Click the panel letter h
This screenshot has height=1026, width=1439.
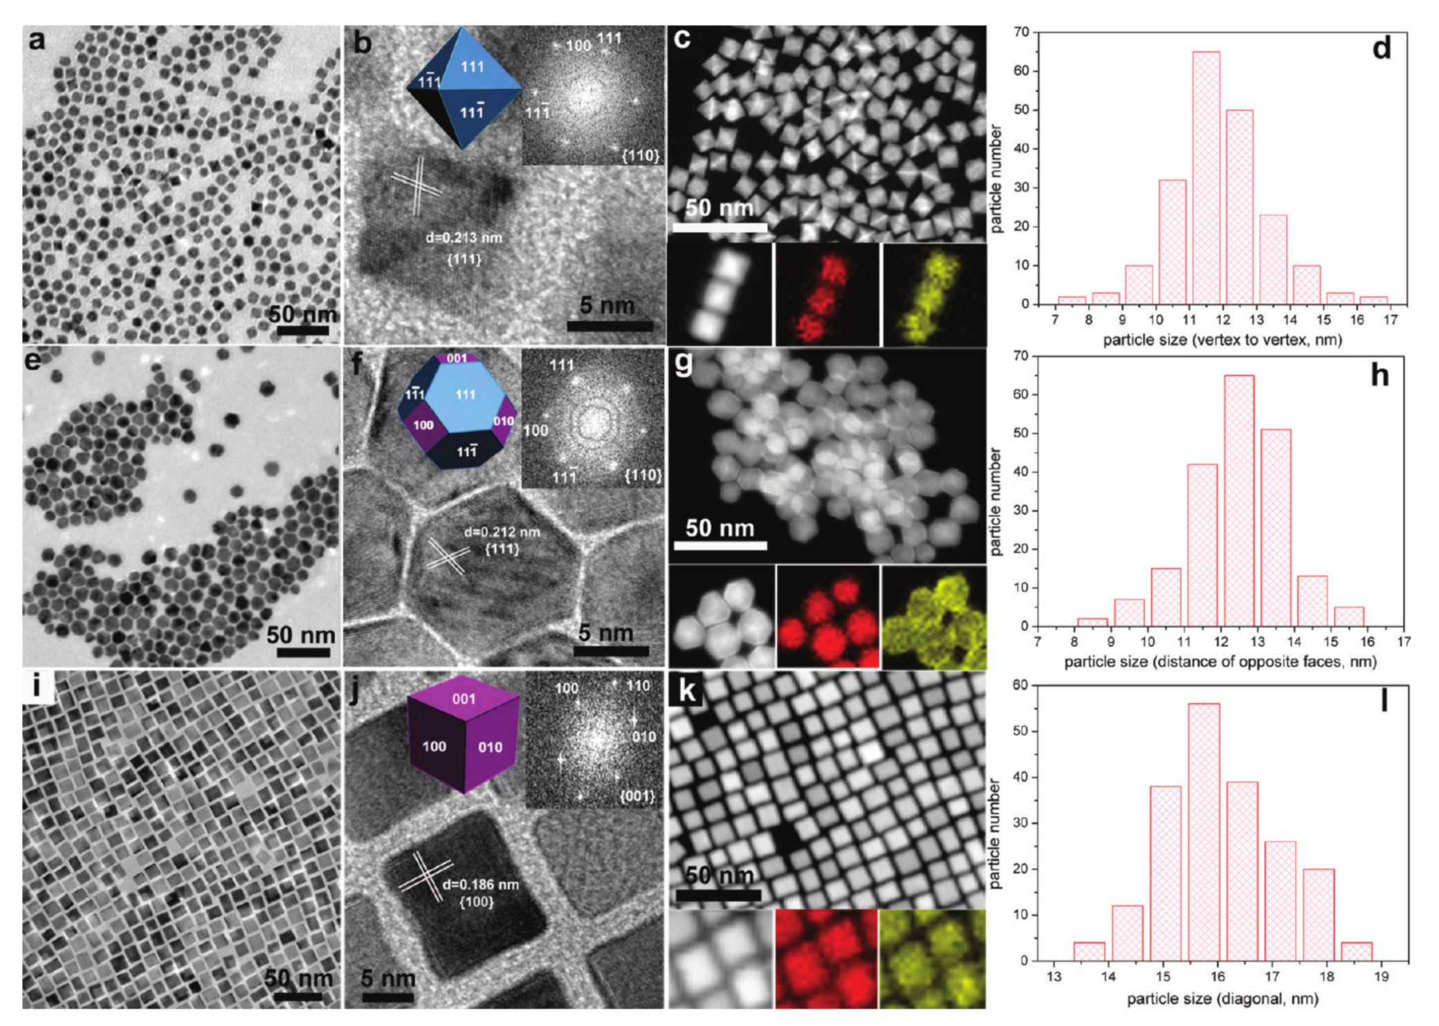point(1380,375)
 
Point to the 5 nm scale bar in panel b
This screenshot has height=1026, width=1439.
point(609,326)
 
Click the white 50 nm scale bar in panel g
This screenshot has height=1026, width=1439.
point(720,546)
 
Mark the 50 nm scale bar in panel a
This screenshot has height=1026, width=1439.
point(303,331)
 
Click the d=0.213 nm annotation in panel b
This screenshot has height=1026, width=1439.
point(464,238)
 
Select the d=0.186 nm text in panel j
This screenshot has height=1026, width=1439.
point(480,884)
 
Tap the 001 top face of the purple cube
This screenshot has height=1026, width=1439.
point(464,699)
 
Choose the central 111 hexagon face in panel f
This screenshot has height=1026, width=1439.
point(465,396)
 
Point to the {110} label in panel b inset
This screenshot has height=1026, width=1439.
point(640,155)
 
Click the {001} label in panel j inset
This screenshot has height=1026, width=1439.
point(636,796)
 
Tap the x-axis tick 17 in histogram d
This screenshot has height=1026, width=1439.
point(1391,320)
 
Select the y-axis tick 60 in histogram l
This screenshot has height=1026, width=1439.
point(1020,685)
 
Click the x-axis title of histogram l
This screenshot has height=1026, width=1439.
point(1222,998)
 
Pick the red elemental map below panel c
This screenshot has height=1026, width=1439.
point(826,295)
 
